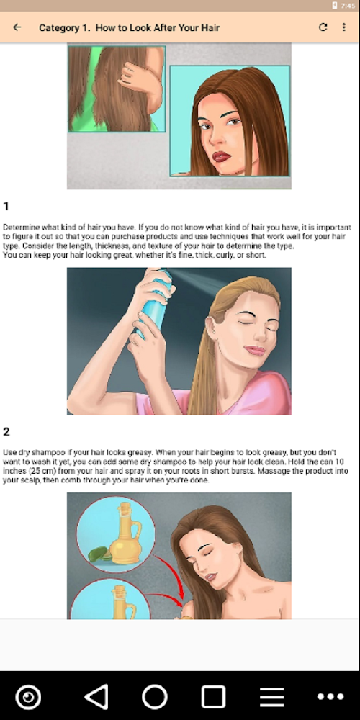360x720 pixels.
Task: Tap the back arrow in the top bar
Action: [x=17, y=27]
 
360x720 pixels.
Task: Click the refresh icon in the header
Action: [x=323, y=27]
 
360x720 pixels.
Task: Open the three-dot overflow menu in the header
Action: [x=344, y=27]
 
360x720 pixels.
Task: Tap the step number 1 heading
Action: [x=6, y=206]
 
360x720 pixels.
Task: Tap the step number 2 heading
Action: [x=6, y=431]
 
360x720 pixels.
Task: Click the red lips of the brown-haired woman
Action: [x=221, y=156]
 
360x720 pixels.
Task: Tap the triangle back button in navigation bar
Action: [x=96, y=696]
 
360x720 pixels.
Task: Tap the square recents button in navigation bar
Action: [x=214, y=696]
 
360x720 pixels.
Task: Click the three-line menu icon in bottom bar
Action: [x=272, y=696]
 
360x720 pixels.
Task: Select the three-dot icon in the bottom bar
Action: [x=330, y=696]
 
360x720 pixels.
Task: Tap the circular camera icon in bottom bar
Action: [x=28, y=696]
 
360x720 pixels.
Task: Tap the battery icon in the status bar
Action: [x=335, y=6]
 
